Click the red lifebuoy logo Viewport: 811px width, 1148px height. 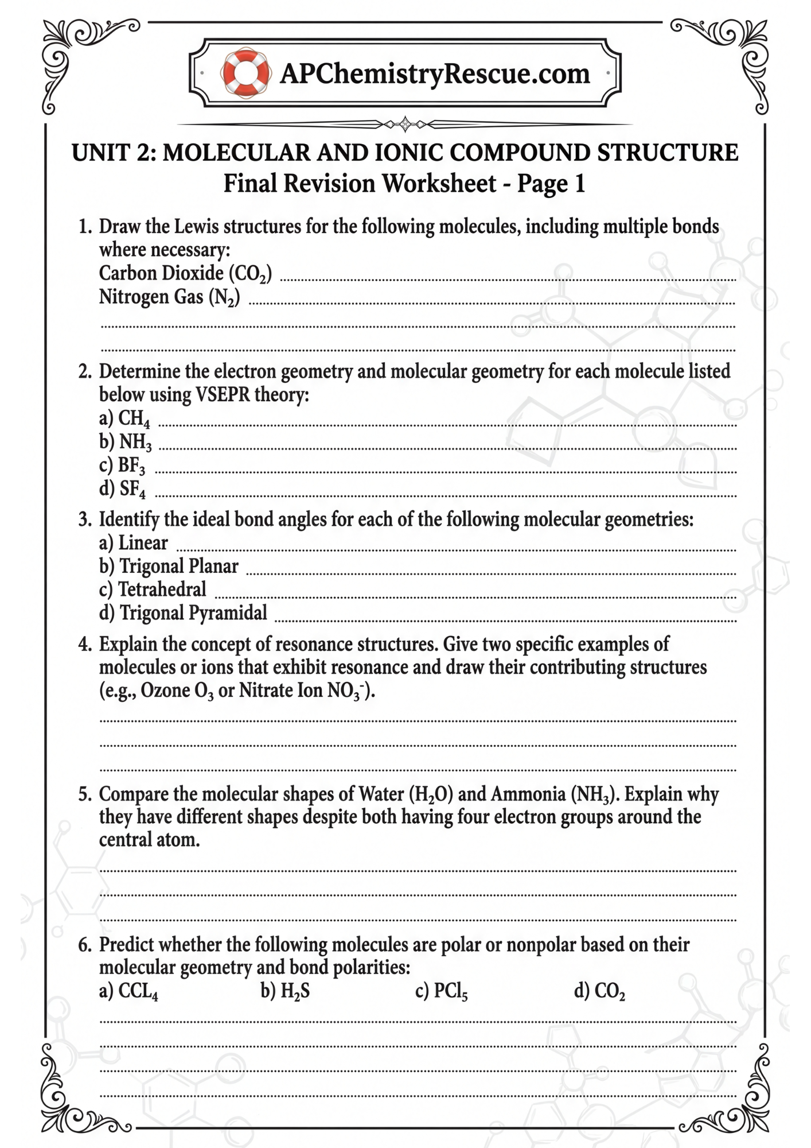click(245, 73)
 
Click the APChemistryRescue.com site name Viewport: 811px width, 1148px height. click(435, 73)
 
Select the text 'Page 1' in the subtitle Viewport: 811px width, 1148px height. click(551, 184)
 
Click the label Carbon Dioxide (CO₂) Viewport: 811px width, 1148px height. click(185, 273)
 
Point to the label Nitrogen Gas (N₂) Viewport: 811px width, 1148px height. click(169, 297)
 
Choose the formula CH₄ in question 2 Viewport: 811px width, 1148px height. click(134, 418)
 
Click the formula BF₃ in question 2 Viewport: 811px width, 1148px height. click(131, 466)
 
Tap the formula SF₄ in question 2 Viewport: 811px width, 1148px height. click(132, 489)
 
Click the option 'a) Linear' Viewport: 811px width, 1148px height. click(134, 543)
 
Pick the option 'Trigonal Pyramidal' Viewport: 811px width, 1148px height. click(193, 613)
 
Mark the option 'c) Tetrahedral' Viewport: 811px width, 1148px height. click(153, 589)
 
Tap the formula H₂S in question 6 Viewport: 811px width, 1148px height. click(295, 991)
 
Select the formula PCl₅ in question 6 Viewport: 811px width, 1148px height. click(450, 991)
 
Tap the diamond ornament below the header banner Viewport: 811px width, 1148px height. click(405, 123)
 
